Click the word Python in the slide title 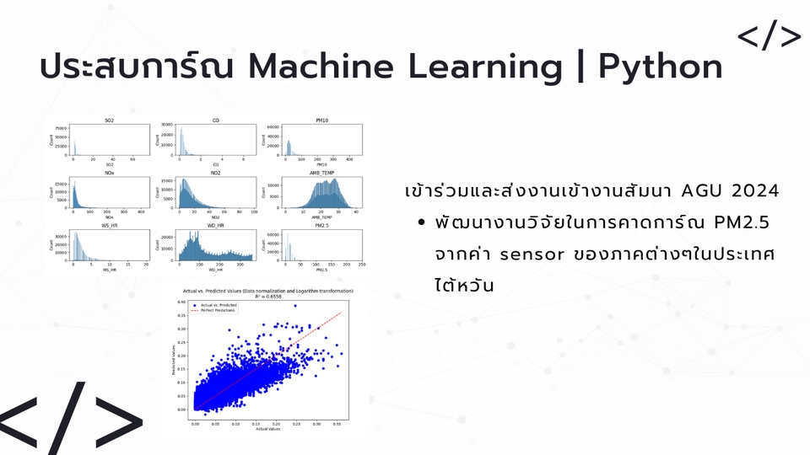point(660,67)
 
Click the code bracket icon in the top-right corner point(769,36)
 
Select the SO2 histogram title point(110,121)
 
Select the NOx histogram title point(110,174)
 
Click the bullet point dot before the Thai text point(421,223)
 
